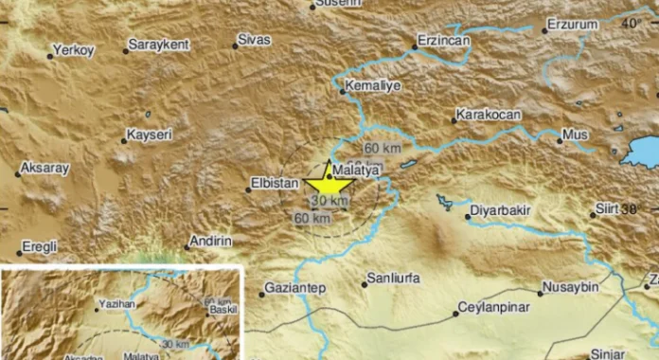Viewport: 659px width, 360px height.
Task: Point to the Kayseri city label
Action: pos(151,135)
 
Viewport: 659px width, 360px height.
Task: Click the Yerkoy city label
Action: pos(73,50)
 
